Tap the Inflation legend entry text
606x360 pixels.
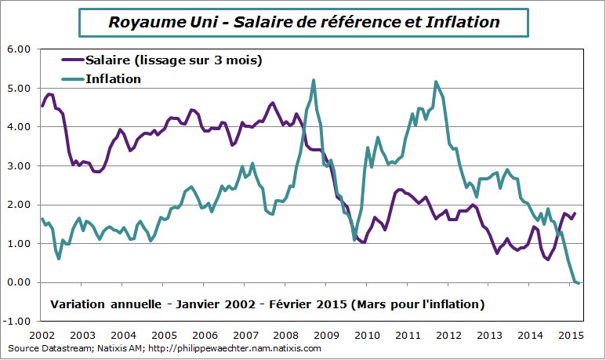pos(113,78)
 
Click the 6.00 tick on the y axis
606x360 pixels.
pos(19,49)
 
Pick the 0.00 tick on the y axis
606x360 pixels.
pos(19,282)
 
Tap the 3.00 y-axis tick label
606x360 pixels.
pos(19,165)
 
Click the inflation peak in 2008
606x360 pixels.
pos(314,80)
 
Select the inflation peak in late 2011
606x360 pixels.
pos(436,82)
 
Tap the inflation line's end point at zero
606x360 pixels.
pos(579,283)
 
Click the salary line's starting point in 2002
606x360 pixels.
pos(42,106)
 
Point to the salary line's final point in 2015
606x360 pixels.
pos(575,213)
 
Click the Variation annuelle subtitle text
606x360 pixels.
pos(267,304)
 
